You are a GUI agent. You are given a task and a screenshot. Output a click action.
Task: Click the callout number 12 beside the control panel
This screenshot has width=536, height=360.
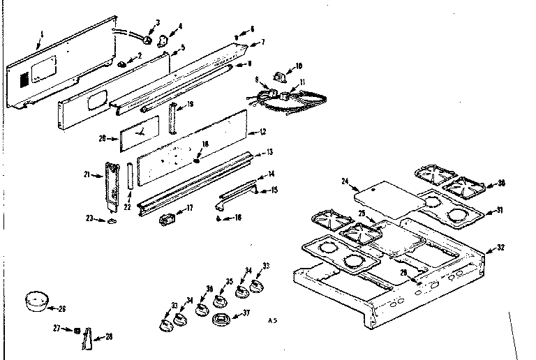(x=262, y=131)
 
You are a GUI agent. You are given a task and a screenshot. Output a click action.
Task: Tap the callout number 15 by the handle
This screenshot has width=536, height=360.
(x=274, y=190)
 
